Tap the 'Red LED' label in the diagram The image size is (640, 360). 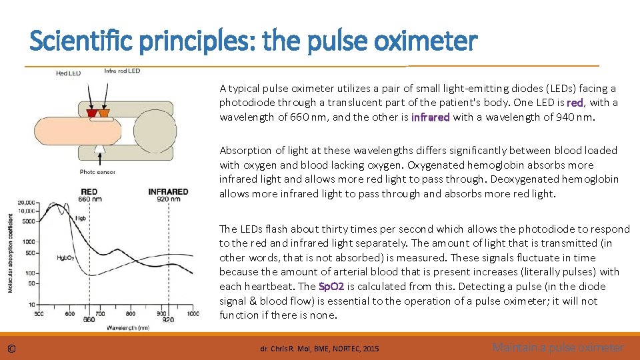coord(68,73)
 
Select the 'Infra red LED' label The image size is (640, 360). coord(122,71)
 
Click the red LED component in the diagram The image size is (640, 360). coord(92,114)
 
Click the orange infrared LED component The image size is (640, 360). coord(103,114)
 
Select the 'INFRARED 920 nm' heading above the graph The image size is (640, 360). coord(168,195)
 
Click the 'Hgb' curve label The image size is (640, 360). coord(81,218)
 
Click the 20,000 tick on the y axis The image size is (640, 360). coord(27,201)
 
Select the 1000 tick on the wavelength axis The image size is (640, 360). coord(192,313)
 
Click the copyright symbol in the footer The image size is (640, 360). coord(12,348)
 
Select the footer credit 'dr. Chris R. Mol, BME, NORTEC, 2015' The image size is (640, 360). coord(319,349)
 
